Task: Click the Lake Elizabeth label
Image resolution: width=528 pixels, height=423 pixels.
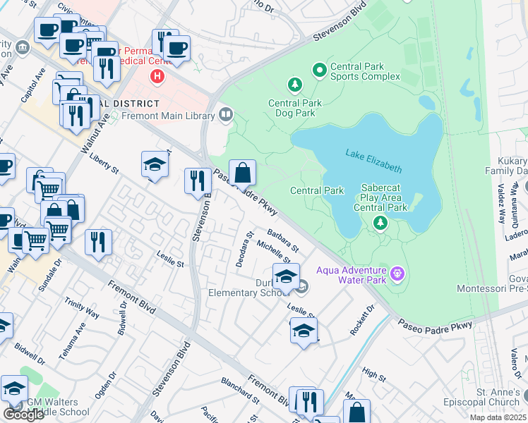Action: tap(373, 160)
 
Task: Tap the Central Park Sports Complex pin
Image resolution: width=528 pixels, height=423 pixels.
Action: tap(319, 70)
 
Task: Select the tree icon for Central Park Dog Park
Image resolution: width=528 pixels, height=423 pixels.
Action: tap(294, 85)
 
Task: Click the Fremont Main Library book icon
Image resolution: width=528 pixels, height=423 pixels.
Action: tap(227, 114)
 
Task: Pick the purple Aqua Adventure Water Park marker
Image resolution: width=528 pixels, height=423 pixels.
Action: tap(397, 272)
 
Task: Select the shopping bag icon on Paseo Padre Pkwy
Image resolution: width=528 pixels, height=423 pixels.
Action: tap(241, 172)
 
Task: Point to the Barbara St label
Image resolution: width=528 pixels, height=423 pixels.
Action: tap(283, 240)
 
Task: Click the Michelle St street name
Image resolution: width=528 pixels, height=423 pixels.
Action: tap(274, 252)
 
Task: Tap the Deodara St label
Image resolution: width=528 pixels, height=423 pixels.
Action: tap(245, 249)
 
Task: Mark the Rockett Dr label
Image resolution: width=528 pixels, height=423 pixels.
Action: tap(361, 321)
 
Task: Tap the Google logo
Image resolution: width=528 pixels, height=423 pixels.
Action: tap(24, 414)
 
